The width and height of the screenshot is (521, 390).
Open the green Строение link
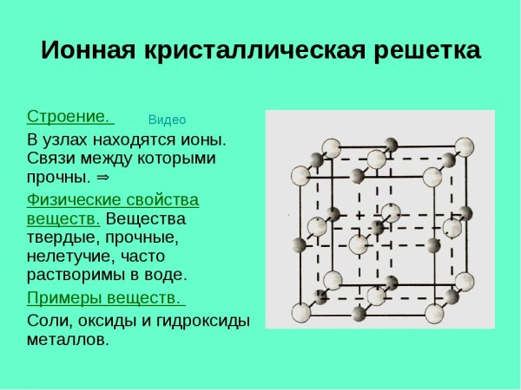coord(69,116)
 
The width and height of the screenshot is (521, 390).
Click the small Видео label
coord(168,120)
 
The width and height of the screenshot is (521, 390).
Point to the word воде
coord(165,276)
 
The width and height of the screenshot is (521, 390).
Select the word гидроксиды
coord(205,321)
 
